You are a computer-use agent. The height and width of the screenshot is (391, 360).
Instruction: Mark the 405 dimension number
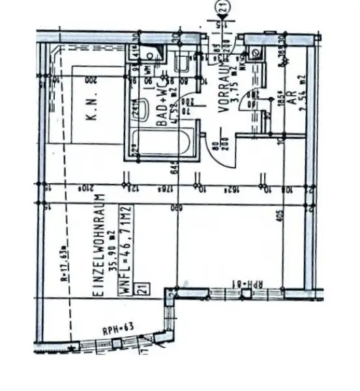[x=278, y=218]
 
